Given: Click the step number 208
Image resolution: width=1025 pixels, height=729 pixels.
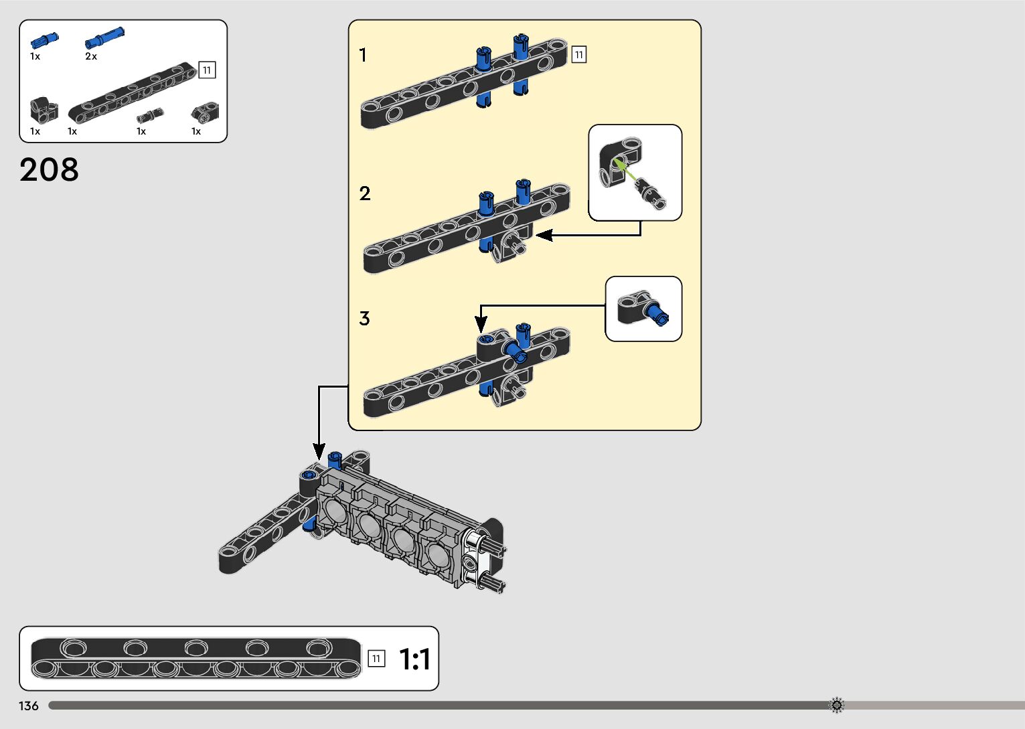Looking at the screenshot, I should point(49,169).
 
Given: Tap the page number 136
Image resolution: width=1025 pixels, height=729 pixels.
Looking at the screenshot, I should point(29,706).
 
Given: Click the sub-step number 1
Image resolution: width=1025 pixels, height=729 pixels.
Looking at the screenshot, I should point(363,55).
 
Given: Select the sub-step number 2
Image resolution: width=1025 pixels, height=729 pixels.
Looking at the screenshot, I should point(364,193).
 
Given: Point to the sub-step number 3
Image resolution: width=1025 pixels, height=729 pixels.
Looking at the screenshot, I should point(364,319).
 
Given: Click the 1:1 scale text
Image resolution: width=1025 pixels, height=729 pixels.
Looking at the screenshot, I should point(414,659).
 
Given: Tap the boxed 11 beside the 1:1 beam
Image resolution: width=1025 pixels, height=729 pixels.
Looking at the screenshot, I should point(376,659).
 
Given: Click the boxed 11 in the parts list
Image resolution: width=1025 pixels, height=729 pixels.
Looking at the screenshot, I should point(207,70).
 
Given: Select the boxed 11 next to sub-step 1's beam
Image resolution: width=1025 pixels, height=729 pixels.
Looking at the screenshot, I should point(578,54).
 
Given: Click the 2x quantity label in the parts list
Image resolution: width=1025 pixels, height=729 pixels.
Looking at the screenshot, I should point(91,57).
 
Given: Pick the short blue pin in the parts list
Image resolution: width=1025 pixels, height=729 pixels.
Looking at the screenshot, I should point(44,41).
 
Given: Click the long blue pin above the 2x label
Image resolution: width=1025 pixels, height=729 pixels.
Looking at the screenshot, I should point(104,37).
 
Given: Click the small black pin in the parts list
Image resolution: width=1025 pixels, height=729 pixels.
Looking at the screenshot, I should point(149,115).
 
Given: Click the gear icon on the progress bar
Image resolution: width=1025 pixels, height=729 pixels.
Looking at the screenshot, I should point(836,705).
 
